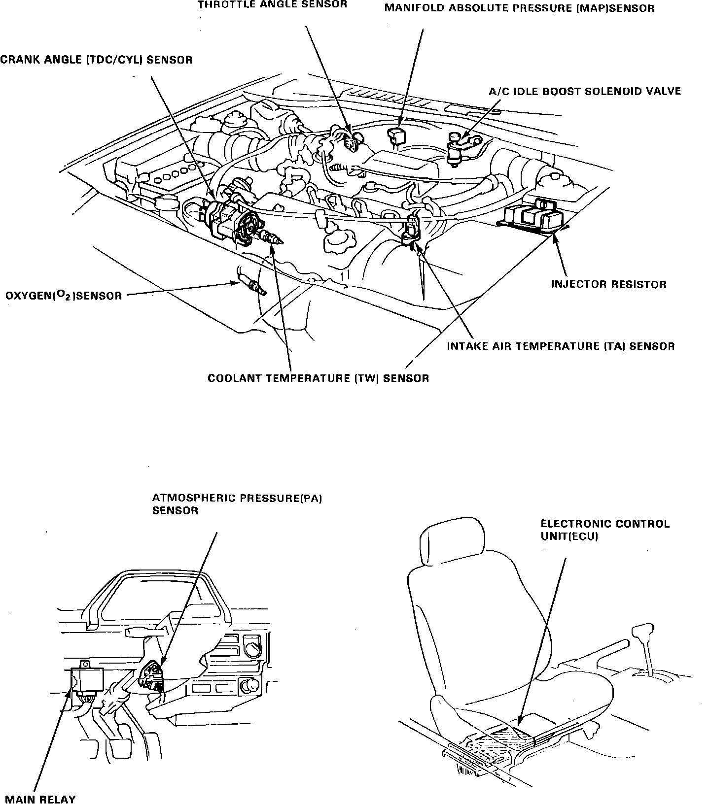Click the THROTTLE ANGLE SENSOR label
272,5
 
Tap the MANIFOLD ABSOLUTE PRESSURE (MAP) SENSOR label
519,8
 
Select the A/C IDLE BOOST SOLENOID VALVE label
585,91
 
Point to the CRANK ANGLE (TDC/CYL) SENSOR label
96,60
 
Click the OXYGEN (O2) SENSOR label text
64,296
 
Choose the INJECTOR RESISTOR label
608,284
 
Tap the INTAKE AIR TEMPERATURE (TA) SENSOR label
561,346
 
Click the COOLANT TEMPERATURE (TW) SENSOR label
318,378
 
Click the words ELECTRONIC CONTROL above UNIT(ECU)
605,524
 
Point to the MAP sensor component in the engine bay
396,135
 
